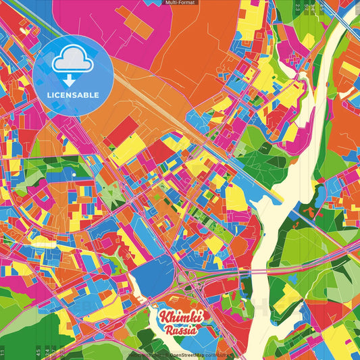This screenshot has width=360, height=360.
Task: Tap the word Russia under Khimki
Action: point(179,330)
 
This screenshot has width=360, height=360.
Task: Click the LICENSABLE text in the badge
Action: point(73,95)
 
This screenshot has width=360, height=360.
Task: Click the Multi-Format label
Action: point(180,3)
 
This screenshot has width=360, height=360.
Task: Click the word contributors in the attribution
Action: point(218,354)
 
